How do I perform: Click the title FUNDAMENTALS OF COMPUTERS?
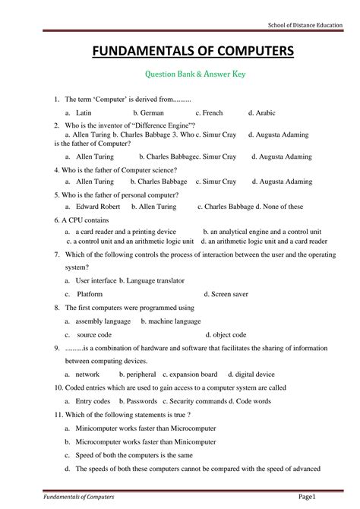coord(180,52)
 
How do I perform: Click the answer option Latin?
coord(84,112)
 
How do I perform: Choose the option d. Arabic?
coord(260,112)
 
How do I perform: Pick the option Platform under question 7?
coord(90,292)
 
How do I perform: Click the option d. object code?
coord(226,334)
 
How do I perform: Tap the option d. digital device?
coord(255,375)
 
